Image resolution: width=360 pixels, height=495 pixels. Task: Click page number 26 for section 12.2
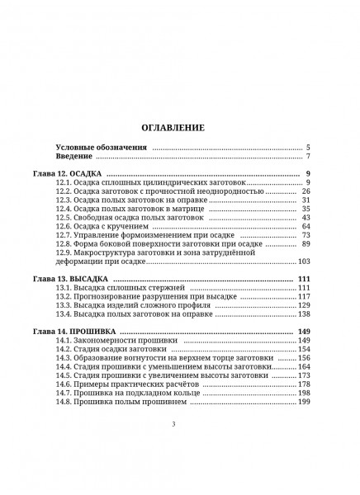click(x=305, y=191)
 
